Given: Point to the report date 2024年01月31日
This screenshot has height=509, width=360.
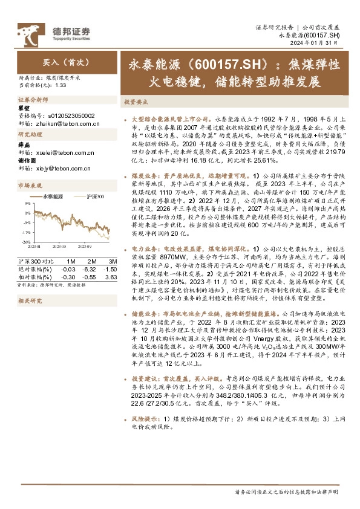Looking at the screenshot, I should (x=319, y=44).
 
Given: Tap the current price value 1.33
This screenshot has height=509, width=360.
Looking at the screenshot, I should (x=60, y=85).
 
